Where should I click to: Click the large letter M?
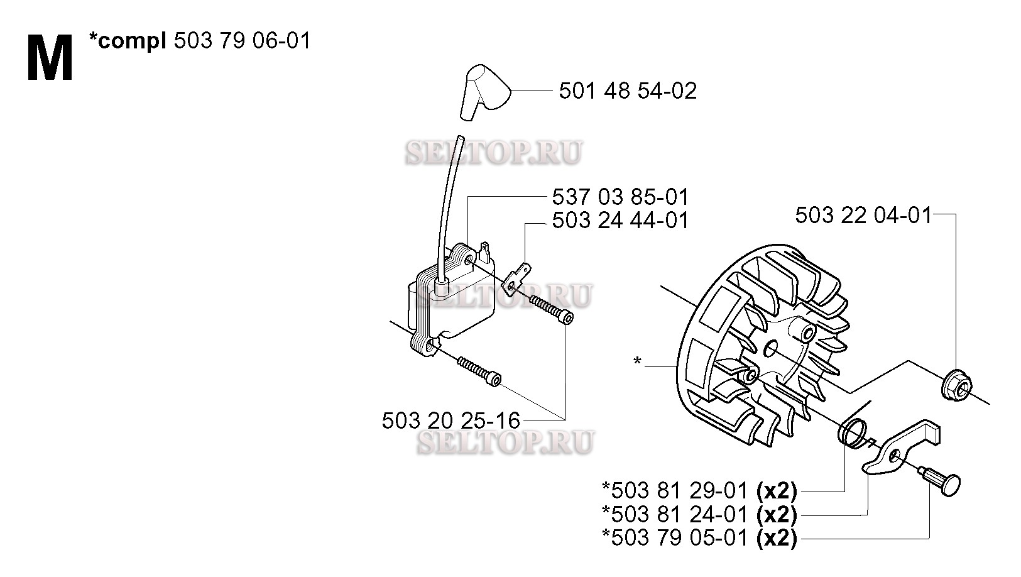pos(50,58)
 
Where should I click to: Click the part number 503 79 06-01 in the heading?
pos(242,41)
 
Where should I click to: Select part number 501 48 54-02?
pos(628,91)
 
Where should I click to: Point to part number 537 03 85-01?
pos(620,197)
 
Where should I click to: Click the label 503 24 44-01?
pos(620,221)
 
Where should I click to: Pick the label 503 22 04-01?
pos(863,215)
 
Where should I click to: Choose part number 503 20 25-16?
pos(450,420)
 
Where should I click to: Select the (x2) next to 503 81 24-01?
pos(777,515)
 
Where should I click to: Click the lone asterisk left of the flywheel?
pos(637,361)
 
